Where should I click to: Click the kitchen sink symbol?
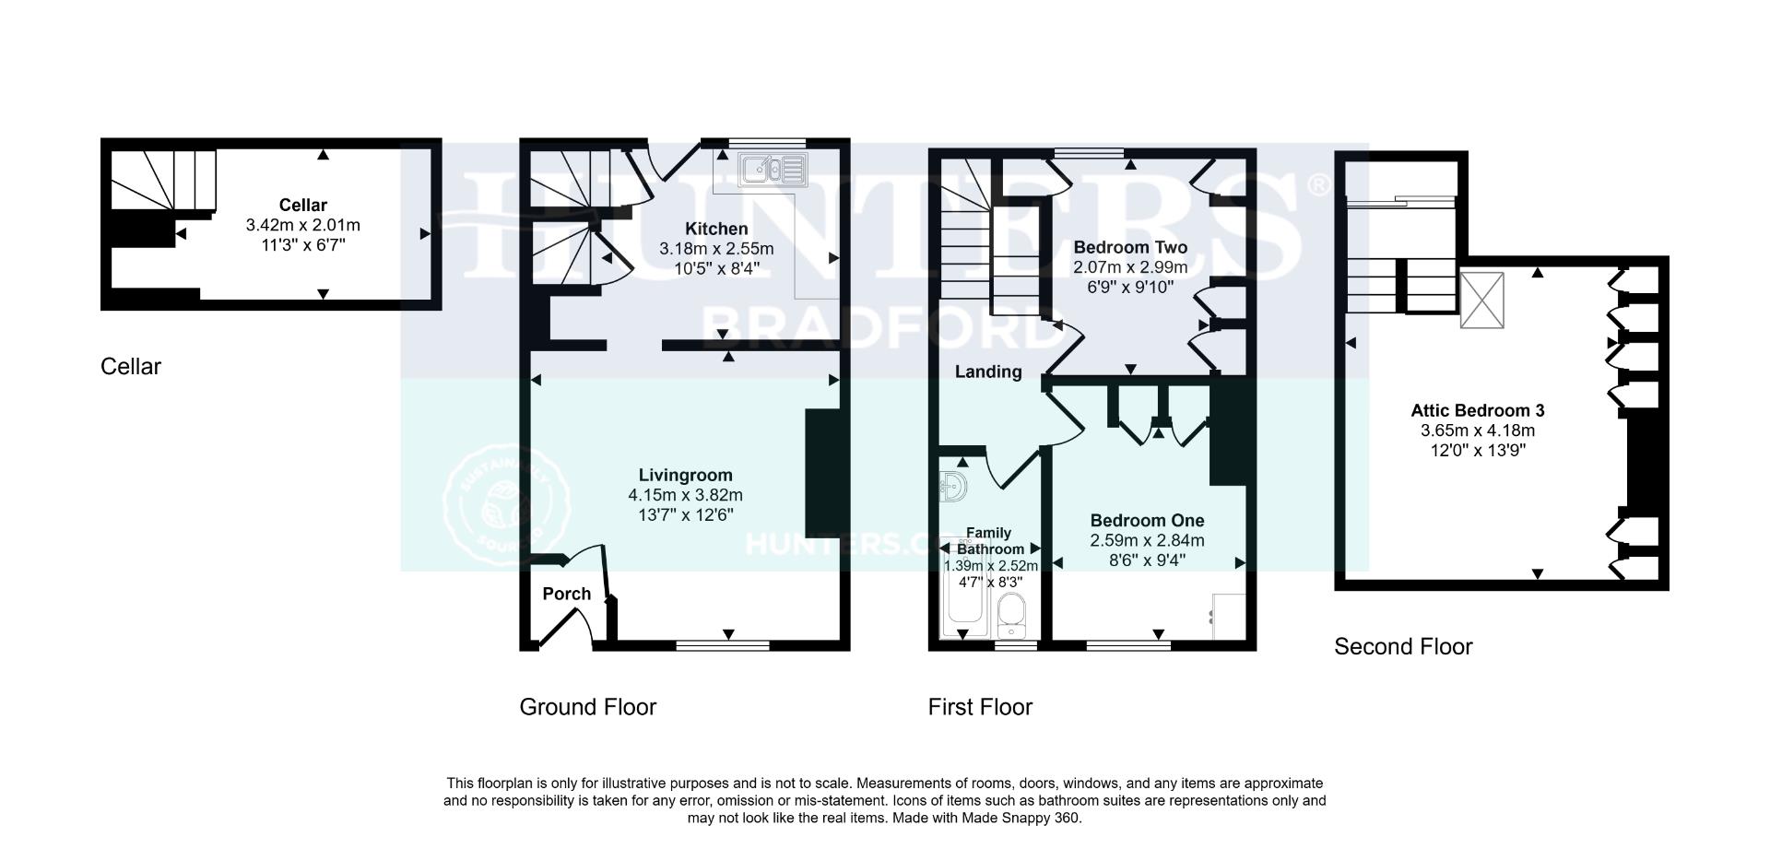773,170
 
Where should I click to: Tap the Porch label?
566,594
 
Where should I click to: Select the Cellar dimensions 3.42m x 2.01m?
302,225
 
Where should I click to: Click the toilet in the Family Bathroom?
1012,615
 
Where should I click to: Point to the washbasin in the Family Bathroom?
952,486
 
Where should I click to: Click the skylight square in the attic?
1481,300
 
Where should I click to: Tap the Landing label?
987,371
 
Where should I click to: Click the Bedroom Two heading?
1130,247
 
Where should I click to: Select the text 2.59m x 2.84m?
1147,540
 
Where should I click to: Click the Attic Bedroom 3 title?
1477,411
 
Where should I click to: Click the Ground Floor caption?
587,707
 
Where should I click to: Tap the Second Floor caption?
1402,646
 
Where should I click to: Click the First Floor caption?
980,707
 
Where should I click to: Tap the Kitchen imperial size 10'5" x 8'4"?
715,268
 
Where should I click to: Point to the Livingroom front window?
723,646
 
